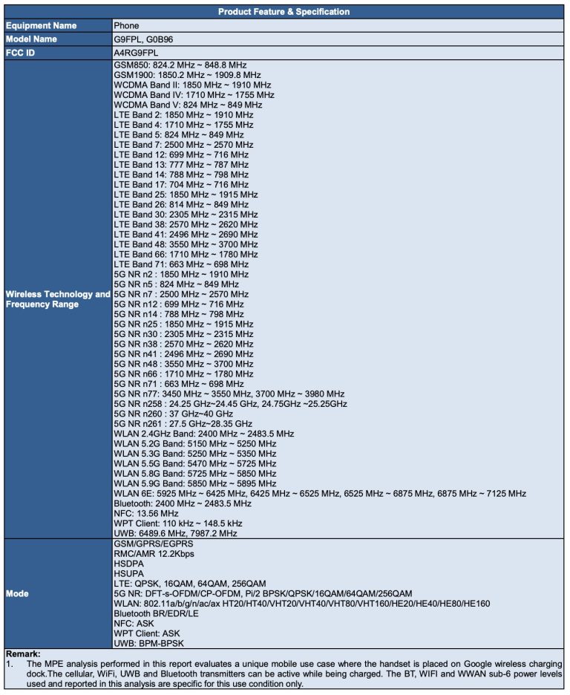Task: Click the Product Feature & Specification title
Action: pos(284,11)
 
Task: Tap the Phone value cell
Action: pos(127,25)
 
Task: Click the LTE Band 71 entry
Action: pos(182,264)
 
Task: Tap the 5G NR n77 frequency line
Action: pos(229,394)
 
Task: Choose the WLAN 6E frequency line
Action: pos(320,493)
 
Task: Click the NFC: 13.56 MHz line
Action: pos(146,513)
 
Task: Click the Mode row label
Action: pos(17,593)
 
